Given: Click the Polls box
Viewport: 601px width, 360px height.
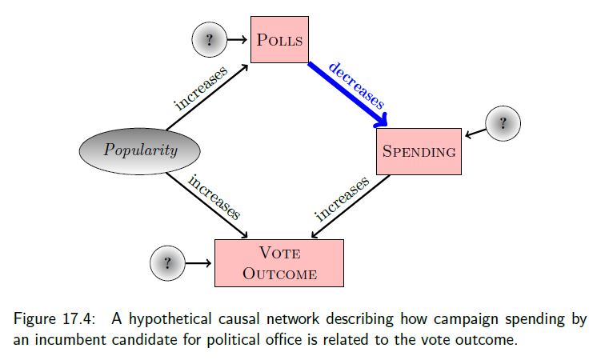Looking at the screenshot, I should (x=278, y=39).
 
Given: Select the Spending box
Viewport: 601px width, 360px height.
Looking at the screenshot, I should (x=419, y=151).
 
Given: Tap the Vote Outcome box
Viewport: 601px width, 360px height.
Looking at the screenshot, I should (x=278, y=262).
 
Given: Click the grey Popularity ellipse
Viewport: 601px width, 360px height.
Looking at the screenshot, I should (x=140, y=150).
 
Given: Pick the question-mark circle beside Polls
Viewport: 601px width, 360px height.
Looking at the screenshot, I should (x=210, y=39).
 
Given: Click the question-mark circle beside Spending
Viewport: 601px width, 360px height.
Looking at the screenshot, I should (x=503, y=124).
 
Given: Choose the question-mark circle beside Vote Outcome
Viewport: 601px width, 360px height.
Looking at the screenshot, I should (x=167, y=262).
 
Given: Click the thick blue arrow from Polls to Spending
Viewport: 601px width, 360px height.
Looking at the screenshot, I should (x=345, y=93).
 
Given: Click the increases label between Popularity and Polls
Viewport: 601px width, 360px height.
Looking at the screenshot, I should (x=201, y=88).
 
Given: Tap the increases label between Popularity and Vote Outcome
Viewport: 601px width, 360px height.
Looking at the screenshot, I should (x=214, y=197).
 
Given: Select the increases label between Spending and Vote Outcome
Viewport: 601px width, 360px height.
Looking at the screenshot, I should (x=342, y=199).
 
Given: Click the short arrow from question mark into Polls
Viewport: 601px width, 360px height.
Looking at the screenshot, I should (x=238, y=39).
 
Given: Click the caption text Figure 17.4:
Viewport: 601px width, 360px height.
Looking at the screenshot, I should (x=46, y=318).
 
